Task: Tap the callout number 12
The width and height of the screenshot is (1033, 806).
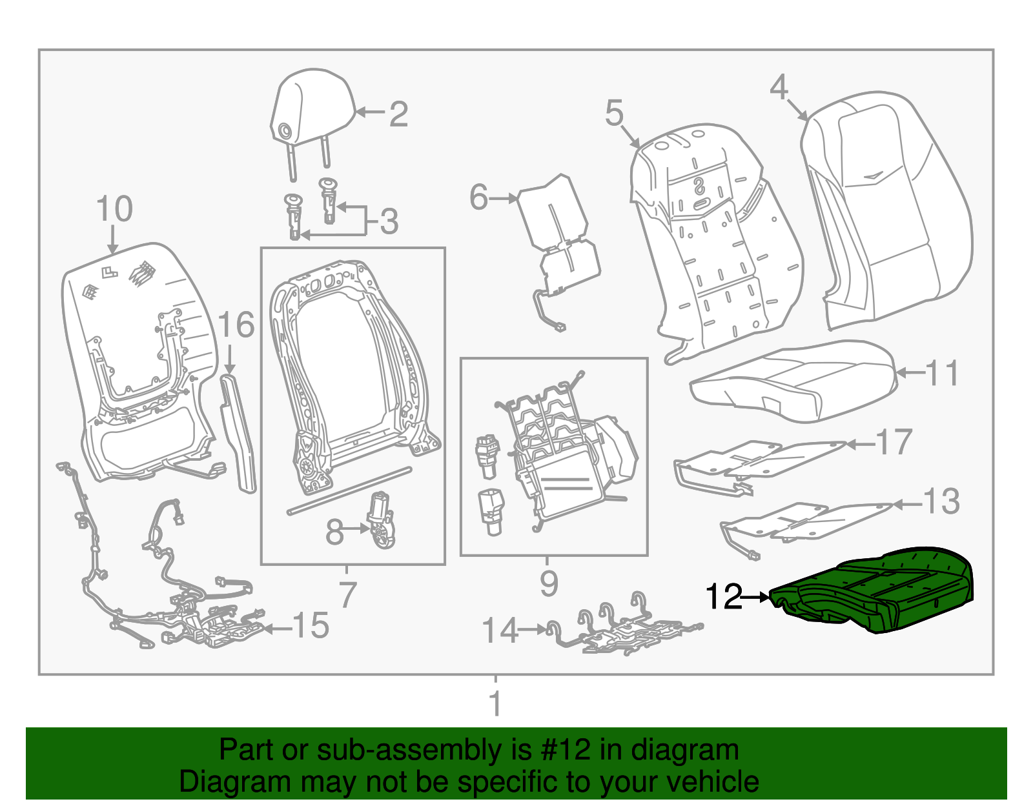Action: click(x=723, y=598)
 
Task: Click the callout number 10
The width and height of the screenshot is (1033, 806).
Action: click(x=114, y=209)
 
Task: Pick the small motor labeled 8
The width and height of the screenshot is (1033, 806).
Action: click(x=382, y=521)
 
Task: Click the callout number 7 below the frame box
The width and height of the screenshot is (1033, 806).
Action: click(x=347, y=594)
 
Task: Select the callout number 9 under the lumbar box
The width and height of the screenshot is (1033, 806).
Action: click(x=548, y=584)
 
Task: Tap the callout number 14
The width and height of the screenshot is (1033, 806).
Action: click(x=500, y=630)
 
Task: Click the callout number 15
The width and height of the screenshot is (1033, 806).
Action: click(x=311, y=625)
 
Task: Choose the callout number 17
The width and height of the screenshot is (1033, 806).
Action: click(x=894, y=443)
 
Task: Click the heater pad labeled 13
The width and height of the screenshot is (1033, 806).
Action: click(x=807, y=521)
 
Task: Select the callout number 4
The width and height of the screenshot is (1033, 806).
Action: click(x=779, y=86)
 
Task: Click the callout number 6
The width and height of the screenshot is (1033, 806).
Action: click(x=478, y=197)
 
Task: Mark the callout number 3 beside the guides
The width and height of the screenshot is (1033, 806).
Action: click(x=389, y=221)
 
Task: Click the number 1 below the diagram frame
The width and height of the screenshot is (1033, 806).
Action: click(x=495, y=704)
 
